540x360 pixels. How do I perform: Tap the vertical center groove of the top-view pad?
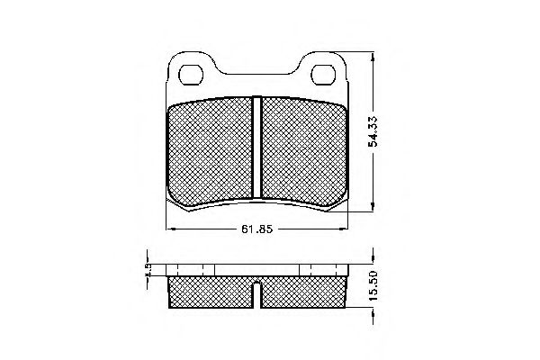pyautogui.click(x=257, y=146)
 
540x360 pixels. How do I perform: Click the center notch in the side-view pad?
pyautogui.click(x=257, y=291)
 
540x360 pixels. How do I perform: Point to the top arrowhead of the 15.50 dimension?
pyautogui.click(x=372, y=265)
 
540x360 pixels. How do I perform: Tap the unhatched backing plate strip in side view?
pyautogui.click(x=257, y=269)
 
